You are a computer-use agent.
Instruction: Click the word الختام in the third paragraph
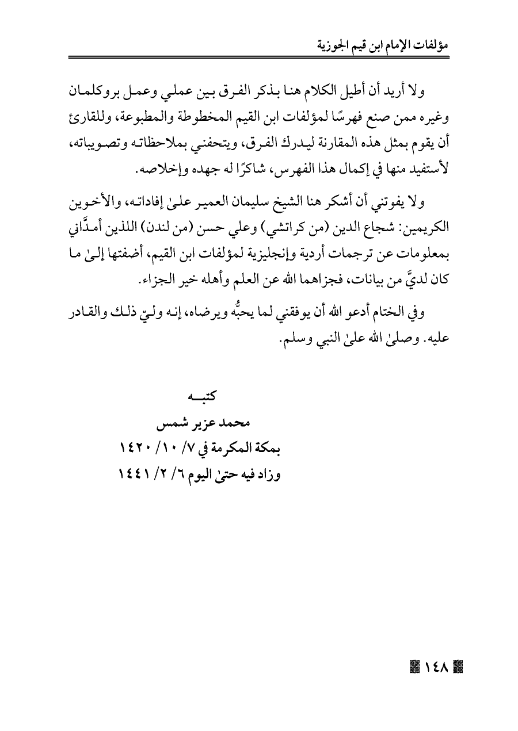pyautogui.click(x=398, y=312)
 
